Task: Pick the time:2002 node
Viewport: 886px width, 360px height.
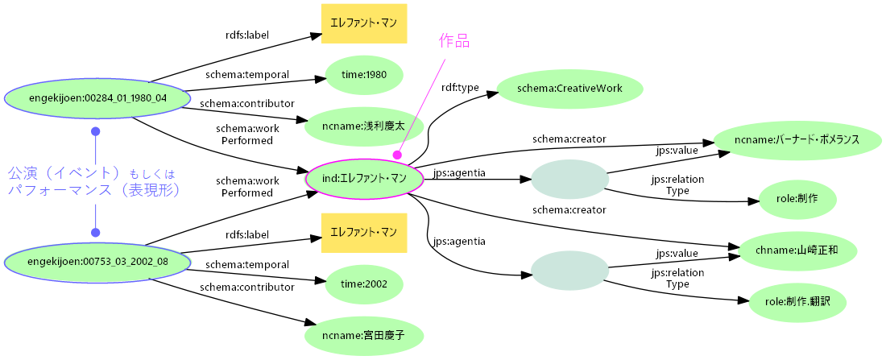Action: [x=364, y=283]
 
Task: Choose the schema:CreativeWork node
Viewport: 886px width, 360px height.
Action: [x=570, y=89]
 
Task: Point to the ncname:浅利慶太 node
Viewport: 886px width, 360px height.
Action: [x=364, y=126]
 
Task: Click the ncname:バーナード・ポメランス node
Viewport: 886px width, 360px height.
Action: [x=797, y=139]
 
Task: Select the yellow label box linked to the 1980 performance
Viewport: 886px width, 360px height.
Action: [x=364, y=24]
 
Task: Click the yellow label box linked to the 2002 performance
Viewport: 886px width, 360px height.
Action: [x=364, y=233]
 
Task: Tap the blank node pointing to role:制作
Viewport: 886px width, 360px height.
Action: [x=569, y=179]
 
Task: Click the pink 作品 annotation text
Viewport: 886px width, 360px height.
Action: [x=453, y=40]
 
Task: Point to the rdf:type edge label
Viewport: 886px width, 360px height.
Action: [x=460, y=87]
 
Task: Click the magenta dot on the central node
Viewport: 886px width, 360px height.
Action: [x=397, y=155]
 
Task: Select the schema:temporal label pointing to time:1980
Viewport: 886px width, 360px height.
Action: [x=246, y=74]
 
